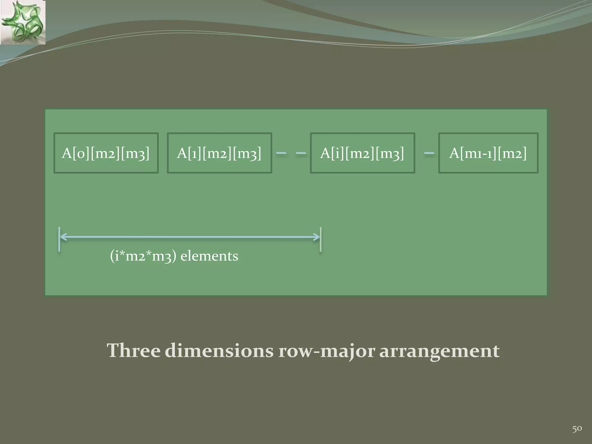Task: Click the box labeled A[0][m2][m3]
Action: [106, 153]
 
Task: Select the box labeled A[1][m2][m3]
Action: [219, 153]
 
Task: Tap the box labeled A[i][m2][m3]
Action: [362, 153]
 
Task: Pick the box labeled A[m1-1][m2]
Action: [488, 153]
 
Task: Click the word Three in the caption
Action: [133, 351]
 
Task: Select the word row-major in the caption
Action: [327, 351]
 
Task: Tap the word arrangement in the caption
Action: [439, 351]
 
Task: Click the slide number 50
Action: [577, 429]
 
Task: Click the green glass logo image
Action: [23, 22]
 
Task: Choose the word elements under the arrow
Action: [209, 256]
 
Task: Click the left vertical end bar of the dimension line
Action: [59, 239]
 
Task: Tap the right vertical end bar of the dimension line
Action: [321, 239]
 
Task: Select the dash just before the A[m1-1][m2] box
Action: [429, 153]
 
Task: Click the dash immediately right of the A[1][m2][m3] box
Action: [281, 153]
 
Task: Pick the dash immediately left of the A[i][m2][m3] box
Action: [301, 153]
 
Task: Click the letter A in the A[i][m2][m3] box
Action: [325, 153]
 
